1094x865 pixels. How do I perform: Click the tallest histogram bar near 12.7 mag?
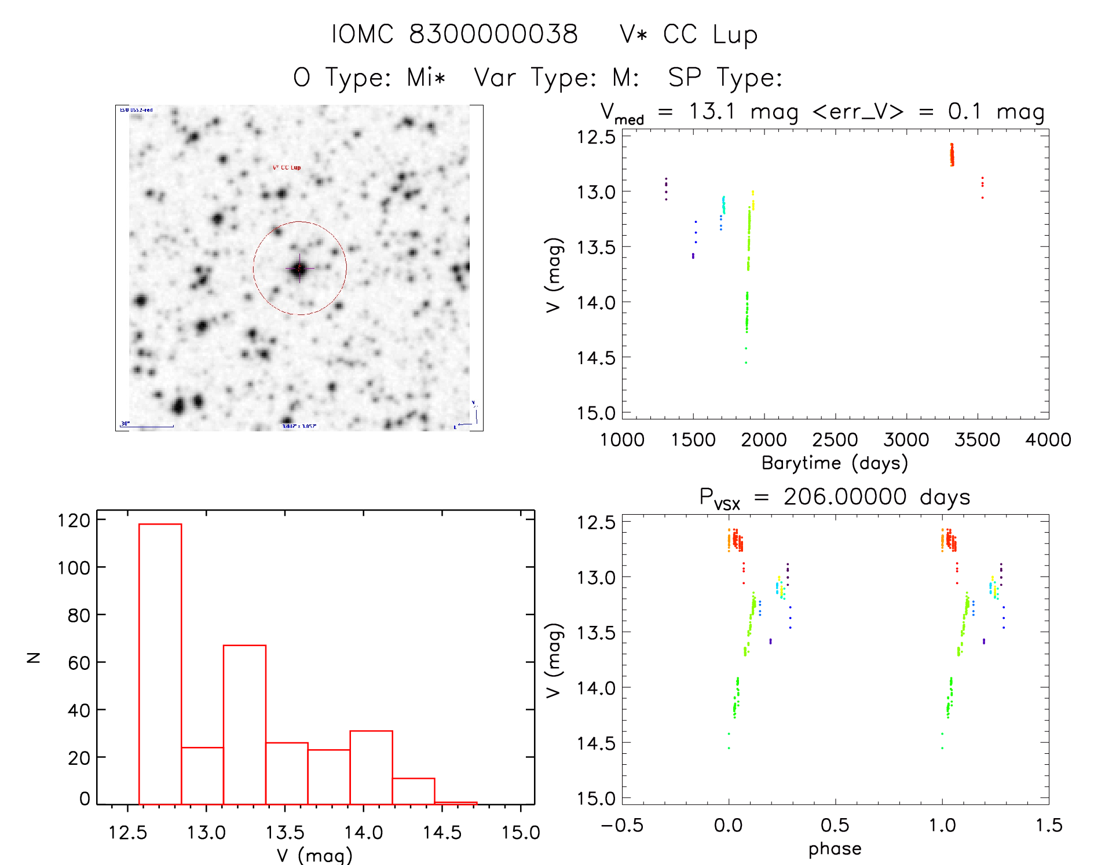point(160,663)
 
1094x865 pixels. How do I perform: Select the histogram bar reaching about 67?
point(244,724)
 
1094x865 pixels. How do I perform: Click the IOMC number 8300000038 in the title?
point(493,34)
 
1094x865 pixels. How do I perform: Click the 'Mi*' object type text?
point(426,78)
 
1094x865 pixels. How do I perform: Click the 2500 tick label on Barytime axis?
point(835,440)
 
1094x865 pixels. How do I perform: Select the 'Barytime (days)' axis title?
point(835,463)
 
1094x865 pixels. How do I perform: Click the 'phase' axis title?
point(835,849)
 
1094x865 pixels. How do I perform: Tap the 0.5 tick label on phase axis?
point(835,825)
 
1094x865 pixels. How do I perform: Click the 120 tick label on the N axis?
point(74,521)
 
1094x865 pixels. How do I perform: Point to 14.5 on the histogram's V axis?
point(442,833)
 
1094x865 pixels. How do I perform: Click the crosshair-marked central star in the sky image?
point(299,269)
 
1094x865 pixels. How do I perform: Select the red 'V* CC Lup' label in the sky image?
point(287,168)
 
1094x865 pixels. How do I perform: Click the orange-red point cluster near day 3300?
point(952,155)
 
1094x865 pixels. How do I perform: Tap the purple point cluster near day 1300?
point(666,188)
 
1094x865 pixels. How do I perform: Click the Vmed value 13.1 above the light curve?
point(711,111)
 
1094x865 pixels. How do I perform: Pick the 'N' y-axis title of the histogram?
point(34,657)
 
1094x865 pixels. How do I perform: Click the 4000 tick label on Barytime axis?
point(1048,440)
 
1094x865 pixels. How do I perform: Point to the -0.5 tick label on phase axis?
point(621,825)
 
